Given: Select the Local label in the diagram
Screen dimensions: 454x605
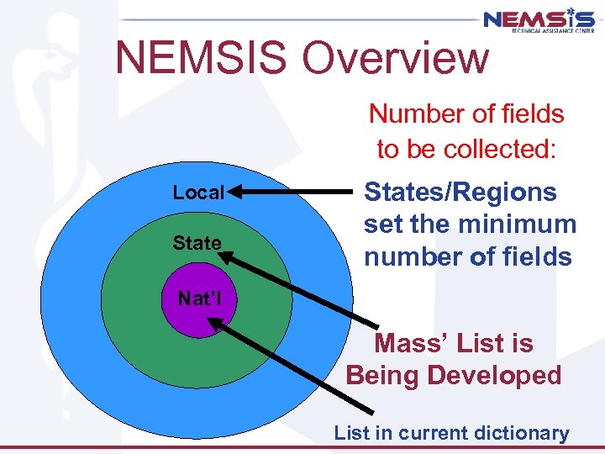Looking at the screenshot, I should click(198, 193).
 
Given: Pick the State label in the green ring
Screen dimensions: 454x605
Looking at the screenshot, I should click(197, 244).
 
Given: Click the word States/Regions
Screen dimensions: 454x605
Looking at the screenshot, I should click(460, 193).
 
